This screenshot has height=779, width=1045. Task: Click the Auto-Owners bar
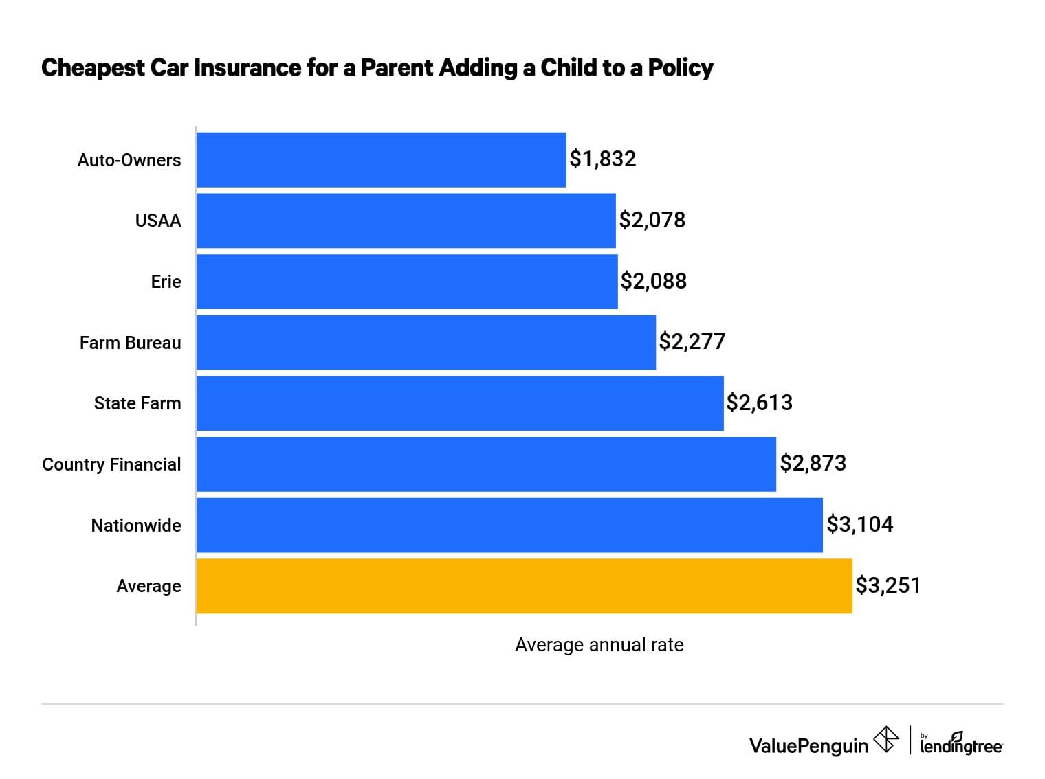(x=381, y=159)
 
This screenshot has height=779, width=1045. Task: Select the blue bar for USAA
(x=406, y=221)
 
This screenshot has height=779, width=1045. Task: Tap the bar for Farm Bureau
(x=426, y=342)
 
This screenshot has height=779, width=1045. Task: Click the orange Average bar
(x=524, y=586)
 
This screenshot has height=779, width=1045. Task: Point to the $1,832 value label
(x=602, y=159)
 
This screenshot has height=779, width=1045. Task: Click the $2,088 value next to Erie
(x=653, y=281)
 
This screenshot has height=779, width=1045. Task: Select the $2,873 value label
(x=813, y=463)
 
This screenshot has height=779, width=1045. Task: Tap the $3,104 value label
(x=859, y=524)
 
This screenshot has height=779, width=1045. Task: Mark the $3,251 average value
(x=888, y=585)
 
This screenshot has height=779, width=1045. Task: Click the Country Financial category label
(x=111, y=464)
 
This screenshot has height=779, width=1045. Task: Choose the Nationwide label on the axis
(x=136, y=526)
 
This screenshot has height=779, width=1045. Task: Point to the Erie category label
(x=166, y=282)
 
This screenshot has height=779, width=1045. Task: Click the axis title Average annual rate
(x=599, y=645)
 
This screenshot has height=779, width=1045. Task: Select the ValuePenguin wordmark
(x=808, y=745)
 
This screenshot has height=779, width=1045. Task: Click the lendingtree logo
(x=960, y=744)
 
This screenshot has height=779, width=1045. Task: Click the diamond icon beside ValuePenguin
(x=885, y=740)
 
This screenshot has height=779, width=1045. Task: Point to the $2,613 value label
(x=759, y=403)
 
